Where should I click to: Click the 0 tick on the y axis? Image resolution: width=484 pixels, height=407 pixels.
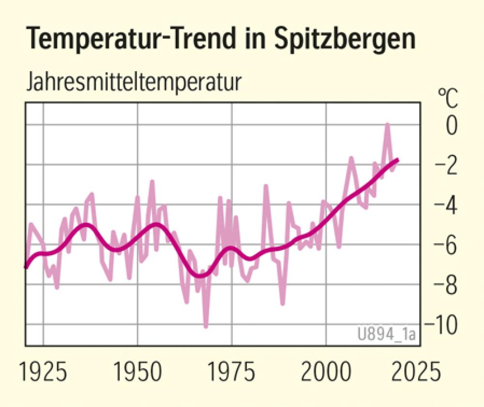451,126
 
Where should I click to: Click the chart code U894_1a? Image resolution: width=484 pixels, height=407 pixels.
387,334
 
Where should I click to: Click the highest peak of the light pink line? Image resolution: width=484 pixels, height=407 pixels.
387,125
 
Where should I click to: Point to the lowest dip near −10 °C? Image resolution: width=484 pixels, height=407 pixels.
206,327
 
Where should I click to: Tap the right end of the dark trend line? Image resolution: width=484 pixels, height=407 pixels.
397,160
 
